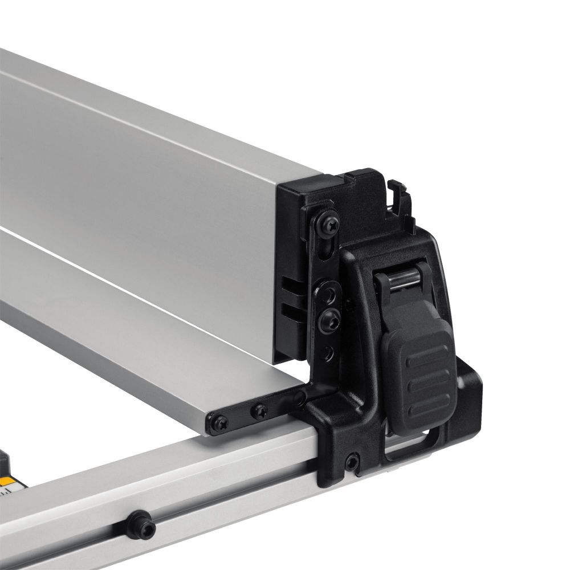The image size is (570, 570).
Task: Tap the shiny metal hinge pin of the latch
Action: [x=398, y=281]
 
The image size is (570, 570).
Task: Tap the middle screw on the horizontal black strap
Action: [x=260, y=410]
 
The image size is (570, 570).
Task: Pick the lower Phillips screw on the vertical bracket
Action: [x=329, y=321]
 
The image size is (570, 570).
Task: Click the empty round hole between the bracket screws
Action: [x=329, y=294]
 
